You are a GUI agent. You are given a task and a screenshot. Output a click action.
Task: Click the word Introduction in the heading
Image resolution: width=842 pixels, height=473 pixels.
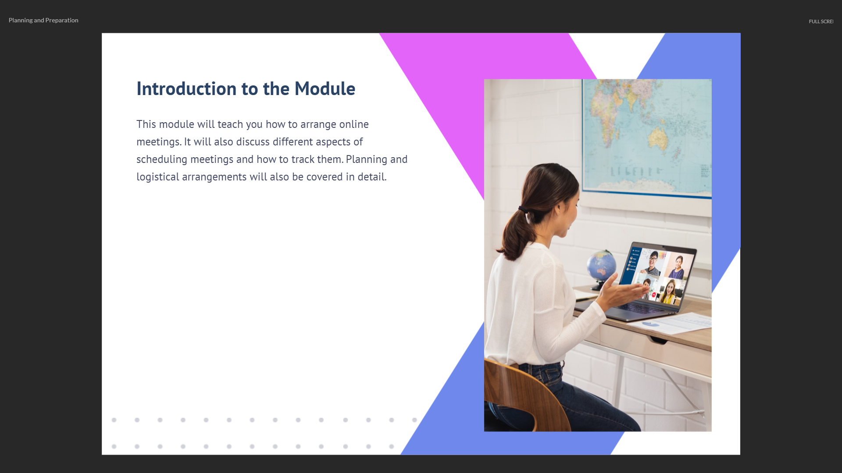pyautogui.click(x=186, y=88)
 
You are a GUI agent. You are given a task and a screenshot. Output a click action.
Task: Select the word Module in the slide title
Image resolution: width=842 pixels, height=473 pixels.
pyautogui.click(x=325, y=88)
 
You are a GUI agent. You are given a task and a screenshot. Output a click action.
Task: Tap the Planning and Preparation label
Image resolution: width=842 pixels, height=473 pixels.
pyautogui.click(x=43, y=20)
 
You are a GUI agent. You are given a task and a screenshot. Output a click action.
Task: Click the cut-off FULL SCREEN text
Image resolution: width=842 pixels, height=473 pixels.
pyautogui.click(x=821, y=21)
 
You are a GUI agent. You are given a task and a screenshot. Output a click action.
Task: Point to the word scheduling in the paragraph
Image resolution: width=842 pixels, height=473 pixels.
pyautogui.click(x=162, y=159)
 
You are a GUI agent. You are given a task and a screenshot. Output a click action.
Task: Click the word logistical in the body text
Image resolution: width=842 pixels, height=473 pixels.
pyautogui.click(x=158, y=177)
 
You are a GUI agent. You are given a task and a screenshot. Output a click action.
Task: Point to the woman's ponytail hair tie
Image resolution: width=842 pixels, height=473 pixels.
pyautogui.click(x=523, y=209)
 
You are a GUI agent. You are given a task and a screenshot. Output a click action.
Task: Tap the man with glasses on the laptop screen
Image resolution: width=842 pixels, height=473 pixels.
pyautogui.click(x=653, y=263)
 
